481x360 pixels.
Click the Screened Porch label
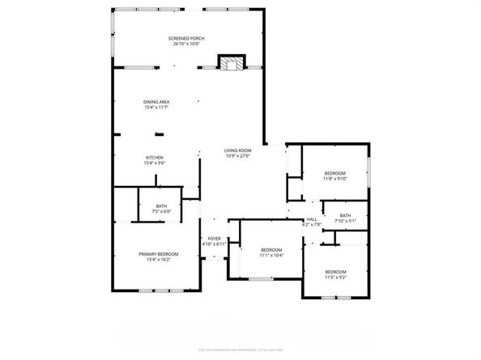[x=185, y=38]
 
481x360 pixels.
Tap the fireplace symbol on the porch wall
[x=232, y=64]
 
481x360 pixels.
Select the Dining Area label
[x=156, y=101]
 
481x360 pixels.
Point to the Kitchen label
[x=155, y=157]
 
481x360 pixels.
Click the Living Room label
[x=238, y=150]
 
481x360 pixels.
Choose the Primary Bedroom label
[x=158, y=254]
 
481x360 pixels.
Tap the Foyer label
[x=214, y=238]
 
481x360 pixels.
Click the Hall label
[x=312, y=219]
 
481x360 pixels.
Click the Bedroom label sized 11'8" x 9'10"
[x=335, y=174]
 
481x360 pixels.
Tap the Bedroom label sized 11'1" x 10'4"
[x=270, y=250]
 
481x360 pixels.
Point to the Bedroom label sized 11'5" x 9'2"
[x=335, y=271]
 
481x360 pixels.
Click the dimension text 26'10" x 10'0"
[x=185, y=44]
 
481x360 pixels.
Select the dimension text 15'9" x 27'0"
[x=238, y=156]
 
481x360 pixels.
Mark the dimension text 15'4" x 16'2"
[x=158, y=260]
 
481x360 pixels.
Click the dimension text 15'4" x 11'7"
[x=156, y=107]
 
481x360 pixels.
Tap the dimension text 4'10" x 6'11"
[x=214, y=244]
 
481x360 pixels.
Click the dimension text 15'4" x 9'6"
[x=155, y=163]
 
